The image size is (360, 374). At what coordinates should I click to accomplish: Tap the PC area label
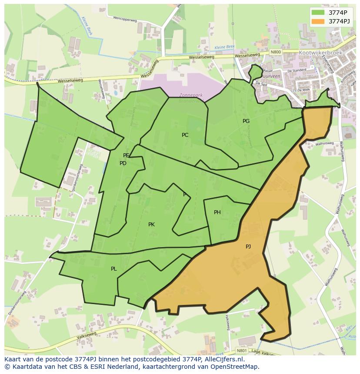(x=185, y=135)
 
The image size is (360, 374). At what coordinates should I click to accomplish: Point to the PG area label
(x=246, y=121)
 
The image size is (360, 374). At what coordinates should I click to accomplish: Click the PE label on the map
(x=126, y=156)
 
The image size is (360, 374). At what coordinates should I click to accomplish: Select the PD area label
(x=123, y=163)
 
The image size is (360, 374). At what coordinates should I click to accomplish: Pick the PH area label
(x=217, y=212)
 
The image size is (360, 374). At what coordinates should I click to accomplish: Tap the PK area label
(x=151, y=225)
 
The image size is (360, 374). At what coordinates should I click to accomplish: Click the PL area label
(x=114, y=269)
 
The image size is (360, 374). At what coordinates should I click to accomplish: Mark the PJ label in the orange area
(x=248, y=247)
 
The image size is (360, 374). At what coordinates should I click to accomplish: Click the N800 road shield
(x=276, y=52)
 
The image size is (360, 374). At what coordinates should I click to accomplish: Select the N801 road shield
(x=242, y=351)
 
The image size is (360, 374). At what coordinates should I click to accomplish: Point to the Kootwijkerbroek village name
(x=321, y=53)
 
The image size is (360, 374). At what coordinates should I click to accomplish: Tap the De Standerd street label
(x=297, y=70)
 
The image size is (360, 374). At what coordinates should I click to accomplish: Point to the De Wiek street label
(x=303, y=90)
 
